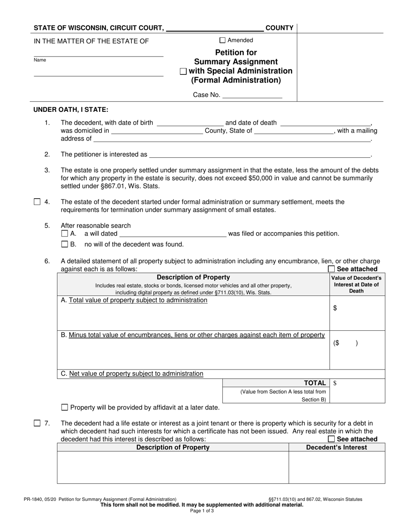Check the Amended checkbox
pyautogui.click(x=222, y=40)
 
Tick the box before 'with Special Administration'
pyautogui.click(x=183, y=71)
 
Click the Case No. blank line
pyautogui.click(x=252, y=95)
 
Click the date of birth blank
pyautogui.click(x=190, y=123)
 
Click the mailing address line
pyautogui.click(x=232, y=139)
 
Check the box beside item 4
pyautogui.click(x=37, y=202)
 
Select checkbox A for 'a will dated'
pyautogui.click(x=65, y=233)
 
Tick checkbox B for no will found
pyautogui.click(x=65, y=244)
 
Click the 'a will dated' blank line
pyautogui.click(x=173, y=233)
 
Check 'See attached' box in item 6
pyautogui.click(x=331, y=269)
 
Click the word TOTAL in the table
pyautogui.click(x=315, y=383)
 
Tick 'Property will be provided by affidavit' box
pyautogui.click(x=65, y=407)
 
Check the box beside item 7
pyautogui.click(x=37, y=423)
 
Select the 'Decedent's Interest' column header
pyautogui.click(x=336, y=447)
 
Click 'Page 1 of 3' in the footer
pyautogui.click(x=202, y=511)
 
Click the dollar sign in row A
pyautogui.click(x=335, y=309)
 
